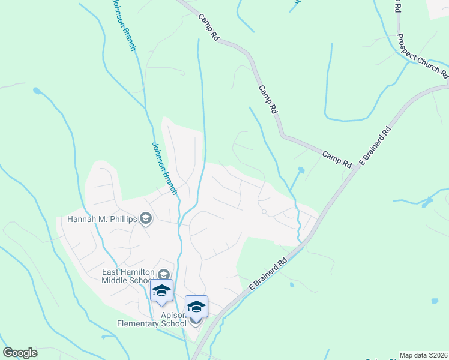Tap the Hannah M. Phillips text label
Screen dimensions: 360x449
click(x=102, y=219)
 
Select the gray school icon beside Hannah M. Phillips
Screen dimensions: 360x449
click(x=145, y=219)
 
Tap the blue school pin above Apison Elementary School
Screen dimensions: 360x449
click(x=196, y=307)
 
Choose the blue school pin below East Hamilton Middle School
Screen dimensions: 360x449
click(x=161, y=290)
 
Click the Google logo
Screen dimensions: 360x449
click(x=20, y=353)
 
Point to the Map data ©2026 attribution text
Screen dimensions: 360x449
click(x=424, y=355)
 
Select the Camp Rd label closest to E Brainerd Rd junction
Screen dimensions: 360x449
click(x=337, y=159)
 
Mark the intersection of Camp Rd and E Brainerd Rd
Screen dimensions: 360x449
click(x=355, y=167)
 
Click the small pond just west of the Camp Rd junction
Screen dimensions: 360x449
click(x=301, y=170)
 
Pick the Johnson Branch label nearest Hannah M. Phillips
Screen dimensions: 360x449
click(x=164, y=168)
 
